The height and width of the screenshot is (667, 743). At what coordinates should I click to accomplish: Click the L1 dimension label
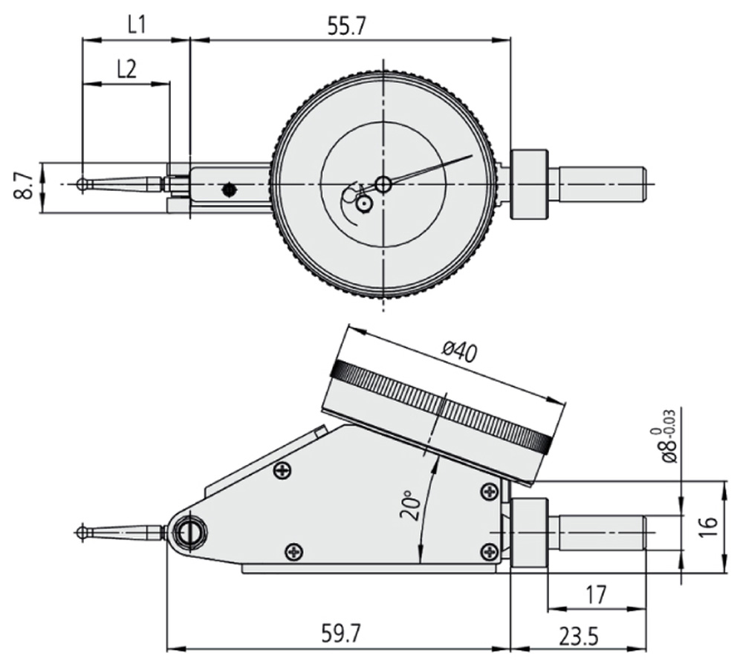pos(137,26)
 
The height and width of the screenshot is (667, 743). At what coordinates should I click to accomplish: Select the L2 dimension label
pos(126,70)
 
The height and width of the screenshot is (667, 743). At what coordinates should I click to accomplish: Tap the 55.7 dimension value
pos(347,27)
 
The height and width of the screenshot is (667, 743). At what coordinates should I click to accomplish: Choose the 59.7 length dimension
pos(341,633)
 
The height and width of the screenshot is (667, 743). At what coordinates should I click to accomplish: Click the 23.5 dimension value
pos(578,637)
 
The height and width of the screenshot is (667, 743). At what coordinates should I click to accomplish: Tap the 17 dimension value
pos(596,594)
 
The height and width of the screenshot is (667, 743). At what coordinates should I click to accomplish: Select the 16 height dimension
pos(710,527)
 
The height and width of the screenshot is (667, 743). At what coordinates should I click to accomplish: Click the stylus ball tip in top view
pos(82,184)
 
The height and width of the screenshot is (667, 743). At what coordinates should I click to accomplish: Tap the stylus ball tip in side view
pos(82,533)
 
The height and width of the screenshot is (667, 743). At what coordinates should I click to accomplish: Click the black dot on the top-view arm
pos(230,190)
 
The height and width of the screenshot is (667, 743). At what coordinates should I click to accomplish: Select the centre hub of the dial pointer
pos(383,184)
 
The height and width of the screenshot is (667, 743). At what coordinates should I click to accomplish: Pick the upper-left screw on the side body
pos(283,471)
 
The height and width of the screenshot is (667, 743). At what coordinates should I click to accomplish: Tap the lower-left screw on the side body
pos(294,551)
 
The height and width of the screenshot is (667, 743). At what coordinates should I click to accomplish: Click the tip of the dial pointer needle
pos(472,155)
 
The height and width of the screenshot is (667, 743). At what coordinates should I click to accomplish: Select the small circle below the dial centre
pos(363,205)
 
